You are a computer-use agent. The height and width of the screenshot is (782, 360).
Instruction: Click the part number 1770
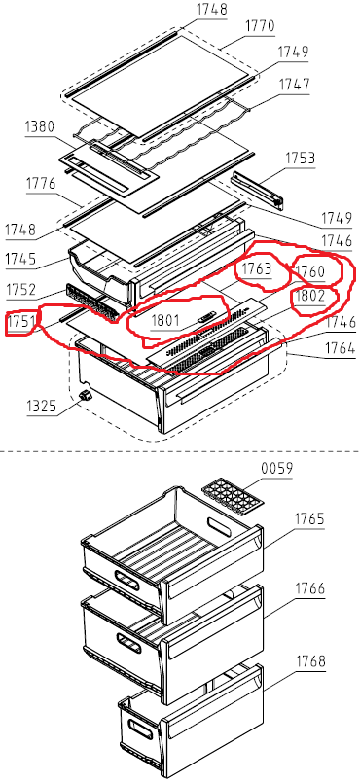pos(260,26)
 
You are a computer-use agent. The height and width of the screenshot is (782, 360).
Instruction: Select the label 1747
pos(294,85)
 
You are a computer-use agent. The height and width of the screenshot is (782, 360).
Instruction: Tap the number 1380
pos(39,126)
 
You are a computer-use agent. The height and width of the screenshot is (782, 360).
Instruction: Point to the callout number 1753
pos(301,159)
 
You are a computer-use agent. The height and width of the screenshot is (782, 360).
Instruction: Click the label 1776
pos(42,185)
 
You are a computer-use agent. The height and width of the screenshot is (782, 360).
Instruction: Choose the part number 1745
pos(20,260)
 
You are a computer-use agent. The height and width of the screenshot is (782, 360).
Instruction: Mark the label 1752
pos(20,290)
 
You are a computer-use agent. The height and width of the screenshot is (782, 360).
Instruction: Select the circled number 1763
pos(257,269)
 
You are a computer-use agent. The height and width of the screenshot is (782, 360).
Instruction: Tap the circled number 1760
pos(310,271)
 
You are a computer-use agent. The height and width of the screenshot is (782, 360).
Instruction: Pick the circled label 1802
pos(310,296)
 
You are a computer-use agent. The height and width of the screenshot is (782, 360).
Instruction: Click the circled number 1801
pos(164,321)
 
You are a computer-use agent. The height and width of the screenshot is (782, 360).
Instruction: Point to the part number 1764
pos(341,348)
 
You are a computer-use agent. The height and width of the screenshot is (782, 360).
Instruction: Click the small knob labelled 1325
pos(87,395)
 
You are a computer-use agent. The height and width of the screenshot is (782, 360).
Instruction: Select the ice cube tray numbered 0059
pos(231,497)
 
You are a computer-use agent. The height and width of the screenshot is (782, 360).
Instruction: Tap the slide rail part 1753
pos(257,188)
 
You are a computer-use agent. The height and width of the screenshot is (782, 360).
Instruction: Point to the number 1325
pos(42,406)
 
